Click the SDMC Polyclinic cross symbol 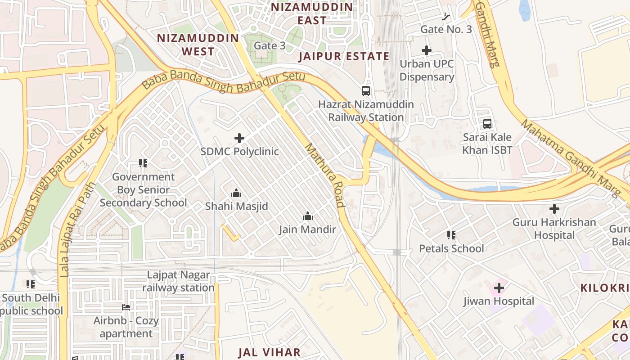click(x=239, y=138)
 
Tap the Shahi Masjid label click(x=236, y=207)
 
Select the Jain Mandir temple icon click(x=308, y=216)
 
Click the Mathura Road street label click(x=324, y=175)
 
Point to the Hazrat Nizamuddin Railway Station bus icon click(x=366, y=91)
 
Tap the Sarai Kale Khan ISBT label click(x=487, y=144)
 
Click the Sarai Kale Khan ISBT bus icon click(x=487, y=123)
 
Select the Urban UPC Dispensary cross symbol click(x=427, y=50)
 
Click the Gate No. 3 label click(x=446, y=30)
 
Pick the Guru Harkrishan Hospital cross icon click(x=554, y=209)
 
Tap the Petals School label click(x=452, y=248)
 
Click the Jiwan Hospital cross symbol click(x=499, y=288)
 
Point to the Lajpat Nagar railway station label click(x=178, y=281)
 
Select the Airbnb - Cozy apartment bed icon click(x=126, y=308)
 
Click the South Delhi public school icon click(x=31, y=284)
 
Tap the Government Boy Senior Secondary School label click(x=143, y=190)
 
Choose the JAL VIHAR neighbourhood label click(x=269, y=352)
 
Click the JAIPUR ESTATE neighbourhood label click(x=344, y=56)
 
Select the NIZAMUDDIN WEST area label click(x=198, y=45)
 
